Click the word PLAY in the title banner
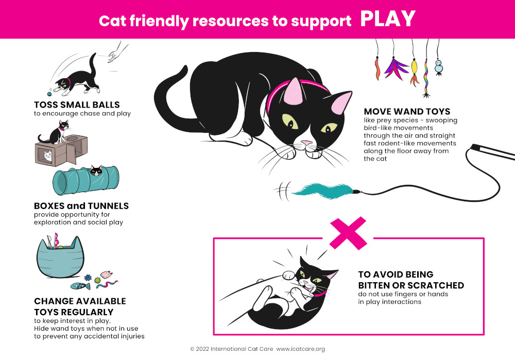point(387,19)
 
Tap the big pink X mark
point(348,233)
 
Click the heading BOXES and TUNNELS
point(81,205)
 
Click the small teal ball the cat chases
point(49,94)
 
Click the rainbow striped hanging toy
point(426,77)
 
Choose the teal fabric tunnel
point(85,178)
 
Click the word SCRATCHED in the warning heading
point(438,285)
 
